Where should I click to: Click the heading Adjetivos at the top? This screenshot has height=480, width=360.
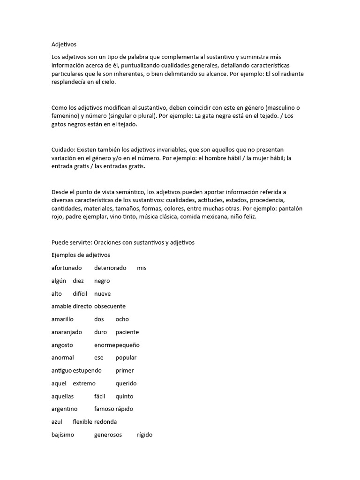point(64,45)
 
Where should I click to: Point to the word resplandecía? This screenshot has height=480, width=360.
point(71,82)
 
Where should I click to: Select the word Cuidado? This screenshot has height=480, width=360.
point(63,150)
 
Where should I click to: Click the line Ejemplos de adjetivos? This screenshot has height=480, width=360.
point(81,255)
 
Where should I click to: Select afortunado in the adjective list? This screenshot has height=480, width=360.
point(67,268)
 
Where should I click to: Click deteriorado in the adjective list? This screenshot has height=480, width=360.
point(110,268)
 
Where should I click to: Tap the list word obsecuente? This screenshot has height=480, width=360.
point(110,306)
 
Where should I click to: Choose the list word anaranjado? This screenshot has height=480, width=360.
point(67,332)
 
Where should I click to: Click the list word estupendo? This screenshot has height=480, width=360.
point(88,370)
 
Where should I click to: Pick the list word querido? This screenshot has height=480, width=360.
point(126,383)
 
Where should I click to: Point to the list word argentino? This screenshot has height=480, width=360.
point(64,409)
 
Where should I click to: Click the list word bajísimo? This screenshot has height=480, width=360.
point(63,435)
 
